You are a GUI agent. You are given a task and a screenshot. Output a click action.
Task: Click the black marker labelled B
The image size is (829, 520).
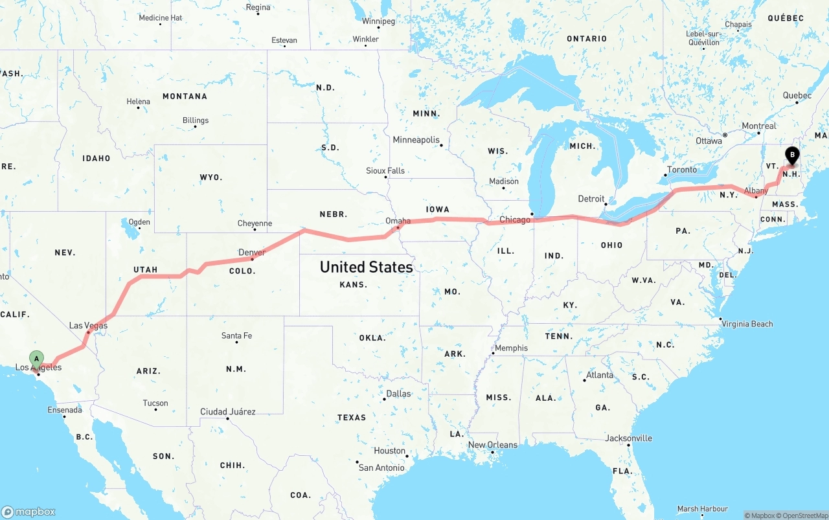791,155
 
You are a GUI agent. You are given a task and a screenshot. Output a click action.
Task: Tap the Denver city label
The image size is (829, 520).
252,253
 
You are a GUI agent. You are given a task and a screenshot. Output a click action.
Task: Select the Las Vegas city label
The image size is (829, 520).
88,326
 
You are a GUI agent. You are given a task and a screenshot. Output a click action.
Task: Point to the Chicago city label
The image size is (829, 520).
515,220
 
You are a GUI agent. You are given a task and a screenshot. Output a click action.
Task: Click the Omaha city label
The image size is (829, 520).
398,221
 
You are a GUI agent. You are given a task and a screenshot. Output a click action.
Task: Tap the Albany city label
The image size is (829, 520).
756,191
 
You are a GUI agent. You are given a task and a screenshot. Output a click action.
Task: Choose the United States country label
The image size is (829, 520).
366,267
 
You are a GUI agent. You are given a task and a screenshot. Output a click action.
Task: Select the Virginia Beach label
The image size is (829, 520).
747,324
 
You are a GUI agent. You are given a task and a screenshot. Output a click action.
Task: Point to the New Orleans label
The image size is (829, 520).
493,445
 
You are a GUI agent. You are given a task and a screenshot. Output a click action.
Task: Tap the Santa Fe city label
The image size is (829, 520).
236,335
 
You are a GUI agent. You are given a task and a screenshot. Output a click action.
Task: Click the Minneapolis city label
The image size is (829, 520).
416,140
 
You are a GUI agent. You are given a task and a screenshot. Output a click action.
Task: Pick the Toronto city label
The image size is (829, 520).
682,170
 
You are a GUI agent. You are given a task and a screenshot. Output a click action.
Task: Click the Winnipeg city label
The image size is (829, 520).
378,21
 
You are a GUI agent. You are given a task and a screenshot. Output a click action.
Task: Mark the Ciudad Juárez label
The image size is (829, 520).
228,412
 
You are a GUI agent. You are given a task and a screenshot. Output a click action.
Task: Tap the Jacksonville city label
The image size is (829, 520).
628,438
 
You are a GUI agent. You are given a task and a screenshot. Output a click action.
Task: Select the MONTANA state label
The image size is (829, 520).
185,96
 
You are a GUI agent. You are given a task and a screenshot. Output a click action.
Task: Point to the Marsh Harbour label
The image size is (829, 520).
703,509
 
